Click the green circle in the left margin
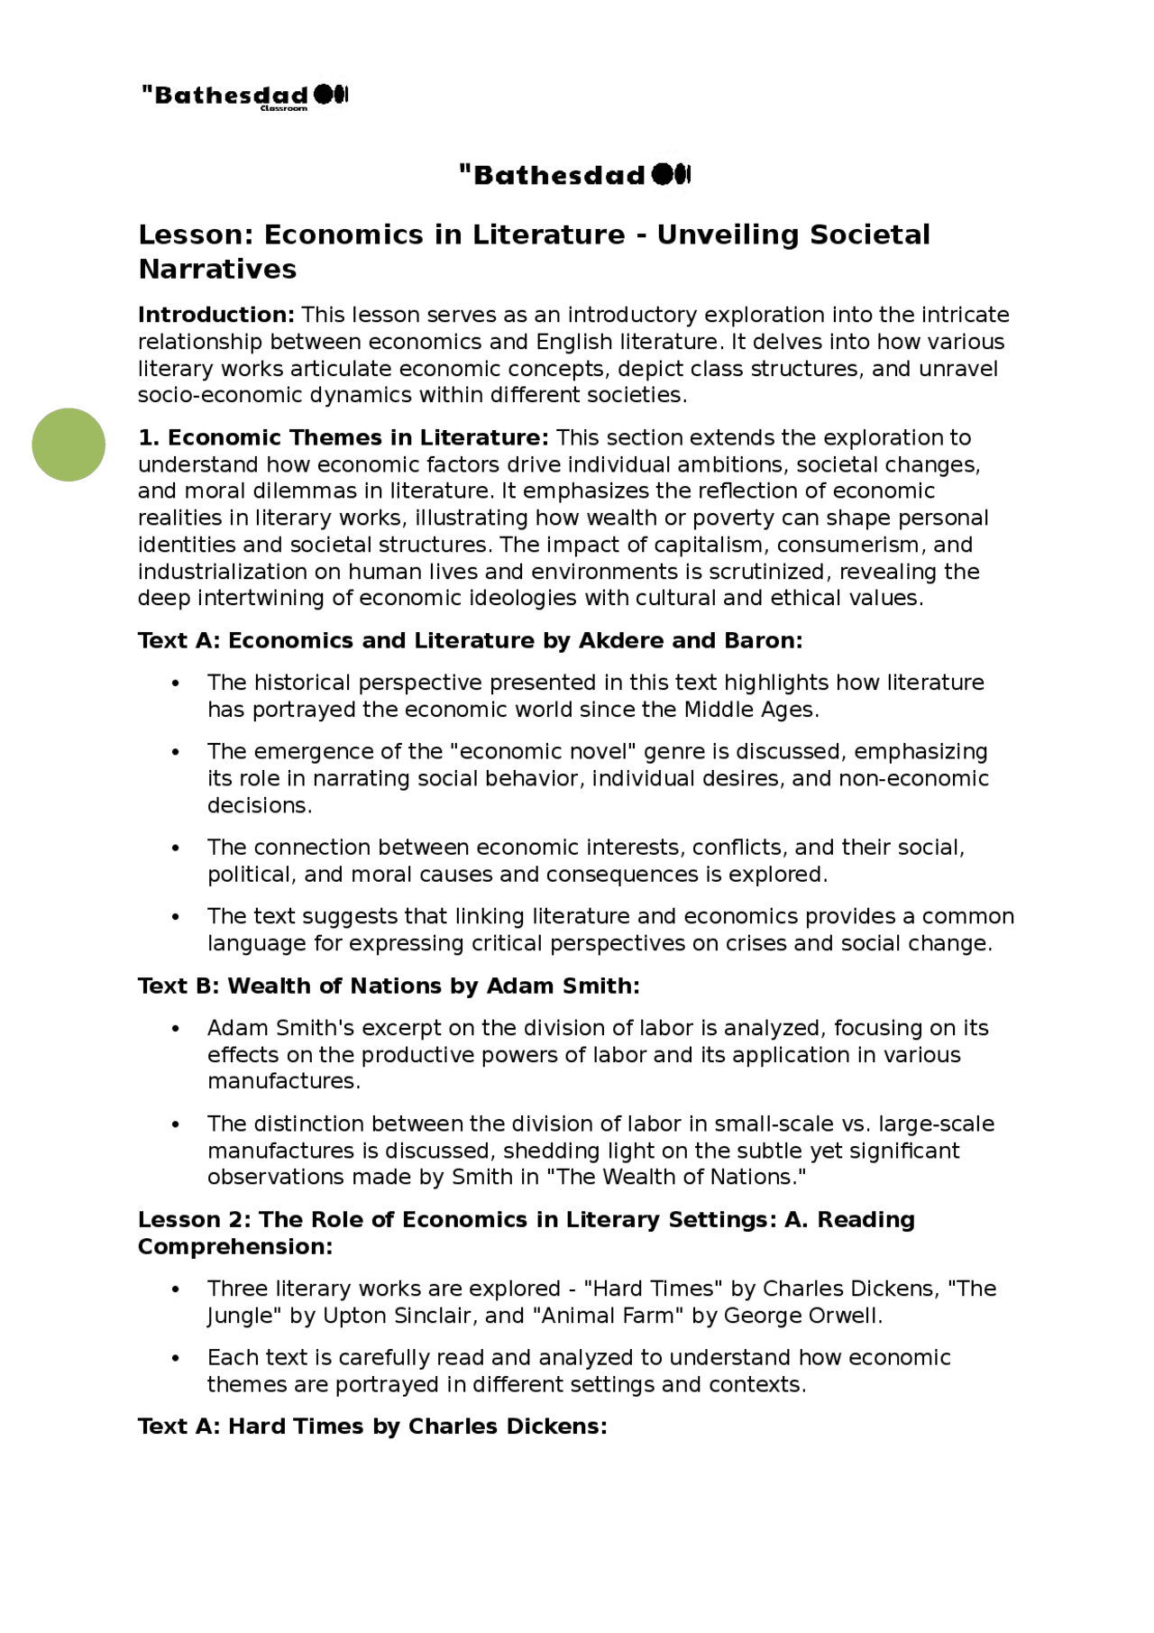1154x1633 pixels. point(69,445)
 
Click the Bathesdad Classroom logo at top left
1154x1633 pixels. point(244,96)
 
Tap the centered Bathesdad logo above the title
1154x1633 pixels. point(574,174)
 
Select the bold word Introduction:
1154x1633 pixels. point(216,315)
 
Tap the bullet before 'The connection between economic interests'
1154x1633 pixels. point(176,849)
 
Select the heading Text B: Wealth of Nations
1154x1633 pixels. point(389,986)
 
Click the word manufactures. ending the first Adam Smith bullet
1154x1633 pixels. point(283,1081)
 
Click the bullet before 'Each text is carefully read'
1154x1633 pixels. point(176,1359)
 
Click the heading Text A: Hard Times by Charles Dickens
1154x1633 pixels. point(372,1427)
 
